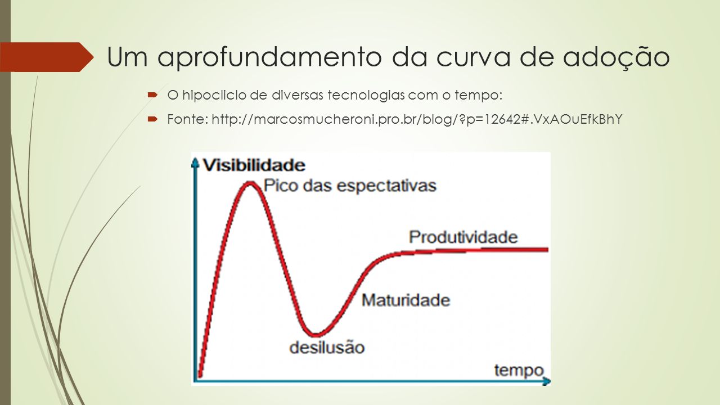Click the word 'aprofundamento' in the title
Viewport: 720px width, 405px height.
click(x=269, y=57)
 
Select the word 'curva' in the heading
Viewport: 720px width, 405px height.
click(x=474, y=57)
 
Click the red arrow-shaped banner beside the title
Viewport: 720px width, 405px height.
click(x=47, y=57)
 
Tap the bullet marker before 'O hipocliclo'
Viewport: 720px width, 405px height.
click(x=152, y=95)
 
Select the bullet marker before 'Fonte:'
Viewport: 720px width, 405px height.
click(x=152, y=119)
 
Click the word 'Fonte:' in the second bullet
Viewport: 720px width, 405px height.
click(x=188, y=119)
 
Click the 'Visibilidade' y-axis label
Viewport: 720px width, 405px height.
click(x=254, y=165)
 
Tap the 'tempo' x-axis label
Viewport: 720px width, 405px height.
click(x=519, y=370)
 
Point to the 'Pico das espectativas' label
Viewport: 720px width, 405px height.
click(x=350, y=186)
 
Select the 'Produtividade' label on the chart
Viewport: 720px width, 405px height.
click(x=463, y=237)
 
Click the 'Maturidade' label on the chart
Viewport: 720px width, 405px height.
click(x=406, y=300)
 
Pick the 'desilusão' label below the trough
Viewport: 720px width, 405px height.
click(x=327, y=347)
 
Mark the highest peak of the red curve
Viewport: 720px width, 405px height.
click(x=250, y=184)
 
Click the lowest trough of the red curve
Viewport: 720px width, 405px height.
click(x=316, y=335)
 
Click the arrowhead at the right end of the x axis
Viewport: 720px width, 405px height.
click(x=546, y=381)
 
